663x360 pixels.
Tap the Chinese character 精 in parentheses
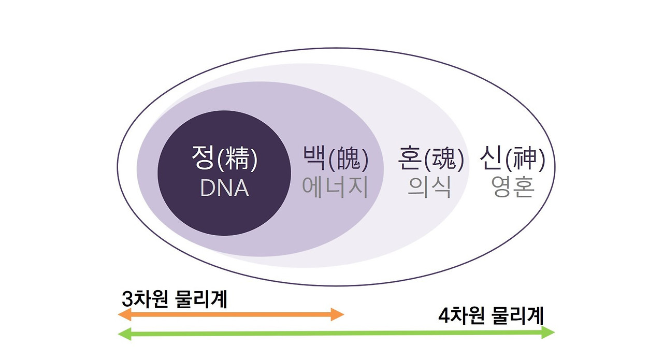[x=238, y=161]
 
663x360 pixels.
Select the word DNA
[x=224, y=189]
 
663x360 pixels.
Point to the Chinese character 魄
[x=349, y=161]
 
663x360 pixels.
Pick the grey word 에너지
[x=335, y=188]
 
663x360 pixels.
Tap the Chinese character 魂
[x=444, y=161]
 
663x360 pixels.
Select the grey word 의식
[x=429, y=188]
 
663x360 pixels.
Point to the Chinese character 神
[x=526, y=161]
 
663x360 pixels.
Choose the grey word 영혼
[x=512, y=188]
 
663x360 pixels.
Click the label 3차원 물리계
[x=175, y=299]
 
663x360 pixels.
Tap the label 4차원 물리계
[x=491, y=315]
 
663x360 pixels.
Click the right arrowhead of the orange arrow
[x=338, y=314]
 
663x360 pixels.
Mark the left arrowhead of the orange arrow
[x=124, y=314]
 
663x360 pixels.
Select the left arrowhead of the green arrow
[x=124, y=334]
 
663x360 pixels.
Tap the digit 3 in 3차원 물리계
[x=126, y=299]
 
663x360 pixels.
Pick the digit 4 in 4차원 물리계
[x=443, y=315]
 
